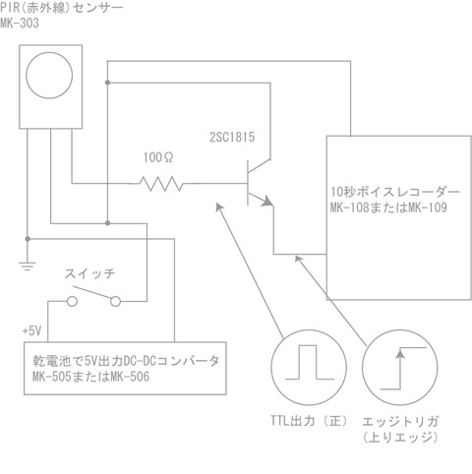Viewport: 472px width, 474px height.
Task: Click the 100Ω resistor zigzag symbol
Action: pyautogui.click(x=161, y=184)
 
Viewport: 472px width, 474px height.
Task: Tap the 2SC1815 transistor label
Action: pyautogui.click(x=232, y=137)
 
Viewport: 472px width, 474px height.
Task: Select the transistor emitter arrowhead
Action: pyautogui.click(x=267, y=201)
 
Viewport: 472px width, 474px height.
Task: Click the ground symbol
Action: pyautogui.click(x=28, y=266)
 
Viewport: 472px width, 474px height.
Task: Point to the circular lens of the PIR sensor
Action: pyautogui.click(x=49, y=75)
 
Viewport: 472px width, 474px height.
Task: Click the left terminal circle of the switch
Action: pyautogui.click(x=72, y=301)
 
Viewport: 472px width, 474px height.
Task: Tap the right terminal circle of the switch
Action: pyautogui.click(x=115, y=301)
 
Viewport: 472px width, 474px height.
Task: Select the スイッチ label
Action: pyautogui.click(x=89, y=273)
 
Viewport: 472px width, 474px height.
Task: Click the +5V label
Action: pyautogui.click(x=31, y=330)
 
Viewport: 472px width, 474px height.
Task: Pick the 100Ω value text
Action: pyautogui.click(x=158, y=157)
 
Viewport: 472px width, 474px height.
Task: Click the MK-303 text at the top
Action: pyautogui.click(x=20, y=23)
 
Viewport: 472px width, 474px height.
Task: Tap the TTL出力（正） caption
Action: pyautogui.click(x=309, y=421)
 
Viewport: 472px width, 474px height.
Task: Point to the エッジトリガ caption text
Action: pyautogui.click(x=400, y=421)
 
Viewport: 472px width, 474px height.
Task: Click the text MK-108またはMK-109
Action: pyautogui.click(x=388, y=207)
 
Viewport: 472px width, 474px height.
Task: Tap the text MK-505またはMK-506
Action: pyautogui.click(x=90, y=377)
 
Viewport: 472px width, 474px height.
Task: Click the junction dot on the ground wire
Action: pyautogui.click(x=28, y=239)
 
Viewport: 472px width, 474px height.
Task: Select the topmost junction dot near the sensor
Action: pyautogui.click(x=107, y=83)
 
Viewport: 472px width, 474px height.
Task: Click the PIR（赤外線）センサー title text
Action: pyautogui.click(x=62, y=7)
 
